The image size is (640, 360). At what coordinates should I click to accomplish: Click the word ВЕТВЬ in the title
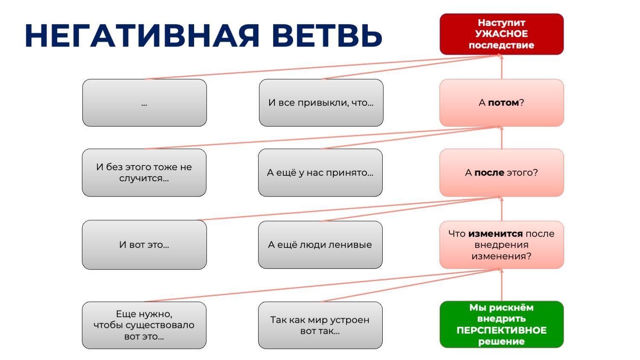click(327, 35)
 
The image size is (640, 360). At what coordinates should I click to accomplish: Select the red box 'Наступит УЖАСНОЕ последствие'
click(501, 34)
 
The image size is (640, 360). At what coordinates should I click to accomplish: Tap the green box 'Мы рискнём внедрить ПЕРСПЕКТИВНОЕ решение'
click(501, 325)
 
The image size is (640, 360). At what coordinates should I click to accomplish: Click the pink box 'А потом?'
click(501, 103)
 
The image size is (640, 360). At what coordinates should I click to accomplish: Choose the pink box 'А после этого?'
click(501, 172)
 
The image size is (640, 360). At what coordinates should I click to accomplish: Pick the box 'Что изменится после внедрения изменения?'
click(501, 245)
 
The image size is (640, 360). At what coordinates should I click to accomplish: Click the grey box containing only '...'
click(144, 103)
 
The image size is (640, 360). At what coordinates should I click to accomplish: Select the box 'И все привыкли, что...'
click(321, 103)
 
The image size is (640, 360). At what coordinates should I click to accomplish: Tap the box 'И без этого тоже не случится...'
click(144, 172)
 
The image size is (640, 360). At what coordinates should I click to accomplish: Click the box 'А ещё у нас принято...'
click(320, 172)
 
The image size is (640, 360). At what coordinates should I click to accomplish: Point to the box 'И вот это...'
click(144, 245)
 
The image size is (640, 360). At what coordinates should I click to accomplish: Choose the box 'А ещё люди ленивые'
click(320, 245)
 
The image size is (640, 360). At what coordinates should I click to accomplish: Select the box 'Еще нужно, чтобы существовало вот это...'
click(144, 325)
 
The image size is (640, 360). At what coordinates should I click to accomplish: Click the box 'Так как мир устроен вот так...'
click(320, 325)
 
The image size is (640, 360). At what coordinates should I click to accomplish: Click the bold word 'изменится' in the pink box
click(495, 234)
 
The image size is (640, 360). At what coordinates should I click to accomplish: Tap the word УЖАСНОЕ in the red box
click(501, 34)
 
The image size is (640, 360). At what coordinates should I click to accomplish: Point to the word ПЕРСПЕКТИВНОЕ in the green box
click(501, 330)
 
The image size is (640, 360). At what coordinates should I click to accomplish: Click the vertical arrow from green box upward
click(501, 285)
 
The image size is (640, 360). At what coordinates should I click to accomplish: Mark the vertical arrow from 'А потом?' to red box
click(501, 67)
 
